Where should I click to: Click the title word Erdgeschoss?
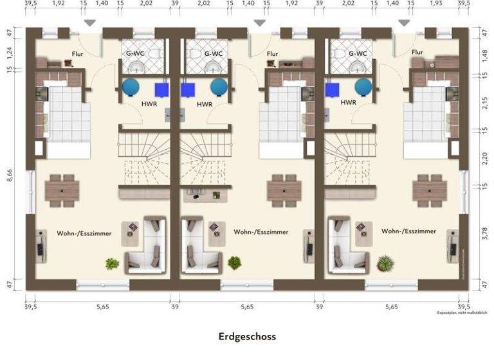tap(247, 336)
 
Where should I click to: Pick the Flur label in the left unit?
tap(77, 55)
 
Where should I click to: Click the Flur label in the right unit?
tap(417, 52)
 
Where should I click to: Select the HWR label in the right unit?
tap(349, 103)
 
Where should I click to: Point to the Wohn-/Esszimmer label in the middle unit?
tap(261, 232)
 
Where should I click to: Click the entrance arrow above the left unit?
tap(91, 22)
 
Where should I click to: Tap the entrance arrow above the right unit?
tap(403, 22)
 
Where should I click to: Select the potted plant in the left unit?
tap(112, 263)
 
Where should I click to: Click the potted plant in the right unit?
tap(386, 263)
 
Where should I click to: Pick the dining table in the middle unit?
tap(283, 190)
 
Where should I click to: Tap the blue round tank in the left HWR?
tap(132, 87)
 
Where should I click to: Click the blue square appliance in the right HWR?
tap(333, 89)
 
